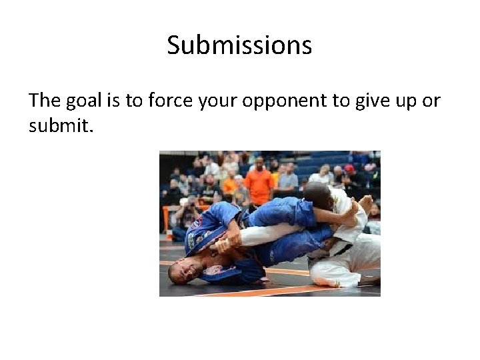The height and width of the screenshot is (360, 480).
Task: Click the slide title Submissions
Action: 239,45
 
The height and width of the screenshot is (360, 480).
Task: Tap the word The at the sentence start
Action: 45,100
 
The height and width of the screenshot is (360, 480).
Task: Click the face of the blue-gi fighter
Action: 183,270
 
